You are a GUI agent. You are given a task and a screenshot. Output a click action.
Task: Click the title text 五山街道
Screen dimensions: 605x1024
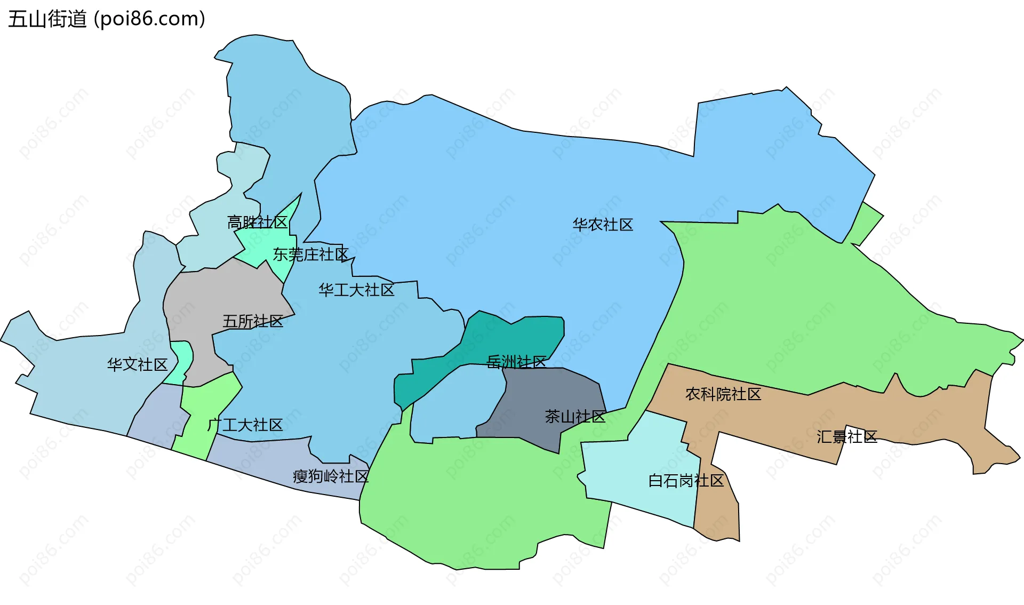pos(47,19)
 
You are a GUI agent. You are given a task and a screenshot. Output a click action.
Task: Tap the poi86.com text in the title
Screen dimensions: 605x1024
pos(149,19)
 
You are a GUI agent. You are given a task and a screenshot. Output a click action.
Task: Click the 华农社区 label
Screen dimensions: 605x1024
pos(603,225)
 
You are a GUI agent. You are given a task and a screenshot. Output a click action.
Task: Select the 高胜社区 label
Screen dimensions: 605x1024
pos(257,222)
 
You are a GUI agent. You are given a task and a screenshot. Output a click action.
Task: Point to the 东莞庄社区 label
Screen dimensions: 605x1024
pos(310,254)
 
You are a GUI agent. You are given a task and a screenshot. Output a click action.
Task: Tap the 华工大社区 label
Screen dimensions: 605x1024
pos(356,290)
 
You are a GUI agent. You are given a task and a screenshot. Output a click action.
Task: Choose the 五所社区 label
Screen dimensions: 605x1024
pos(253,321)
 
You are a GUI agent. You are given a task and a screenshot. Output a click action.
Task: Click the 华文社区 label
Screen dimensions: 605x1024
pos(138,364)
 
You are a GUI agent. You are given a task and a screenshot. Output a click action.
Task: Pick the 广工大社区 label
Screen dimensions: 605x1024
pos(245,425)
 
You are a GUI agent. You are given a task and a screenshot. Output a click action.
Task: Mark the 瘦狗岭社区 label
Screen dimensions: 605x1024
pos(331,476)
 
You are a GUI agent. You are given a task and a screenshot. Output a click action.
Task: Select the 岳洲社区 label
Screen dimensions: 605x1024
pos(516,362)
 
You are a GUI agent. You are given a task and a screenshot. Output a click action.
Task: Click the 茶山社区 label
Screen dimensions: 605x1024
pos(575,416)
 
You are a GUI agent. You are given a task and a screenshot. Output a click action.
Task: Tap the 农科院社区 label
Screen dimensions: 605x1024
pos(723,394)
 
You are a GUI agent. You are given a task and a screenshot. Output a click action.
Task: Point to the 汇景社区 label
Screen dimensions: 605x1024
pos(847,437)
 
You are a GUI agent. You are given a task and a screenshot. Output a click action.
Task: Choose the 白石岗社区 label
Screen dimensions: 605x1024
pos(686,481)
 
